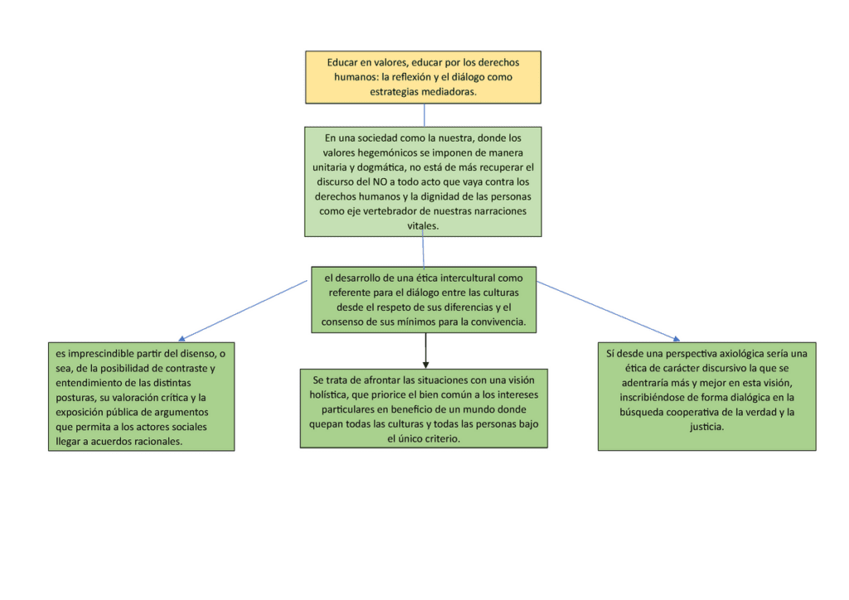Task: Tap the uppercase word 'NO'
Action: point(380,181)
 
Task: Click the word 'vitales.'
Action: point(423,225)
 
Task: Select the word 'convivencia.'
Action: point(497,322)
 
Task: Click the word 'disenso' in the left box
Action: point(196,354)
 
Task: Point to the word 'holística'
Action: point(328,395)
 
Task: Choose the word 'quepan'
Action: point(325,424)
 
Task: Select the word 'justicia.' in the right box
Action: point(706,427)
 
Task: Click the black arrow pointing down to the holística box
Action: point(425,351)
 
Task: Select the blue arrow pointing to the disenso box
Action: point(243,311)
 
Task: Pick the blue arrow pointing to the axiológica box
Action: point(608,311)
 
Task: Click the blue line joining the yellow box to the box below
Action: point(424,115)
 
